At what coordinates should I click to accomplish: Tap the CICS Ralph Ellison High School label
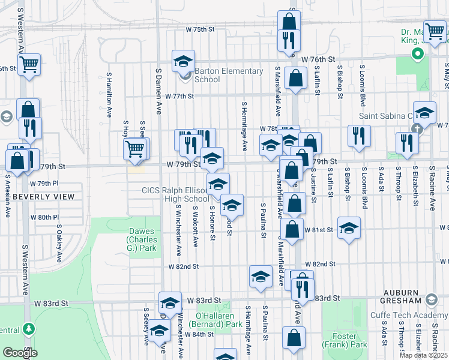click(175, 195)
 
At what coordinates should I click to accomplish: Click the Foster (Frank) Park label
click(345, 340)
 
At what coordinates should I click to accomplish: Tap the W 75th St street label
click(200, 29)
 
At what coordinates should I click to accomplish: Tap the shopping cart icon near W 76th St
click(29, 64)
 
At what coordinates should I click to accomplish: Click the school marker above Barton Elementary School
click(184, 61)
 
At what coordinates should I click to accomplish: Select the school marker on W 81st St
click(349, 228)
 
